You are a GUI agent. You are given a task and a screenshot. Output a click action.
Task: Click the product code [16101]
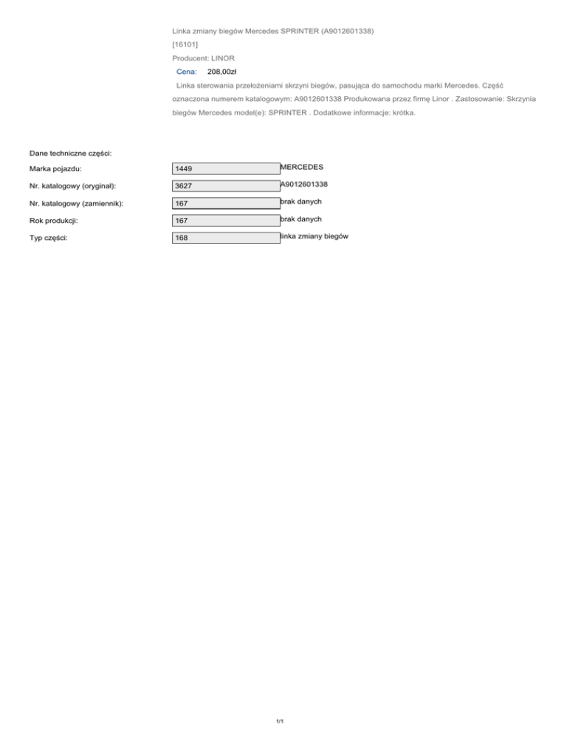point(185,44)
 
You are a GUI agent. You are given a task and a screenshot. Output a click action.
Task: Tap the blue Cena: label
point(187,72)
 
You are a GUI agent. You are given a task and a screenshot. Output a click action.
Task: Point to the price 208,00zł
point(222,72)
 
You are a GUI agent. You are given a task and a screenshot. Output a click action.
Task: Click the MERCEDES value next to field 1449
point(302,167)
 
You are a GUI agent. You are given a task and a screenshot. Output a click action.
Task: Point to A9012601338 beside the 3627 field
point(304,184)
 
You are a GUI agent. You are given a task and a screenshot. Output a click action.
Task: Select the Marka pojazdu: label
point(55,169)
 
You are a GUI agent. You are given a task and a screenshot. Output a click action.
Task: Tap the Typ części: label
point(49,239)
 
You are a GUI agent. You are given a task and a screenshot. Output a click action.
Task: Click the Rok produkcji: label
point(54,221)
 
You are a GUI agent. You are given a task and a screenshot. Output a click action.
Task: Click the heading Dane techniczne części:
point(70,152)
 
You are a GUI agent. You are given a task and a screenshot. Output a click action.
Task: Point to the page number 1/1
point(280,721)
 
